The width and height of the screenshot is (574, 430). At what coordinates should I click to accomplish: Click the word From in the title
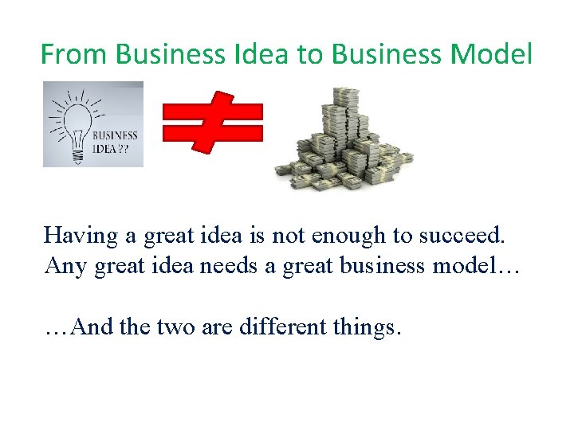[x=73, y=54]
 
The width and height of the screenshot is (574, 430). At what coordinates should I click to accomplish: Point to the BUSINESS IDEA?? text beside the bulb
[x=115, y=141]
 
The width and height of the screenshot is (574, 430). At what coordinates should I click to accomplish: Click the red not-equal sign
[x=212, y=122]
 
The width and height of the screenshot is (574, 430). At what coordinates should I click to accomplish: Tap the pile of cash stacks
[x=344, y=140]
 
